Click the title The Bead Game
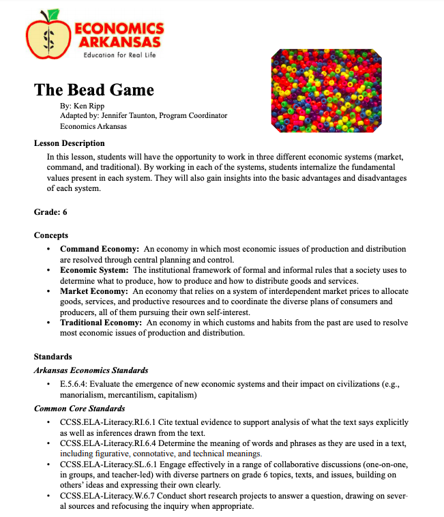point(94,90)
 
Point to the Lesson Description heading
point(70,143)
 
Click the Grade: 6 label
point(50,212)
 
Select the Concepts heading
point(51,235)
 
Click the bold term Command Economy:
point(100,249)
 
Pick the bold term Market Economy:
point(95,291)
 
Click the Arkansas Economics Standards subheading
point(91,370)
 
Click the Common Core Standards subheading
point(80,409)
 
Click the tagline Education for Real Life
point(119,55)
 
